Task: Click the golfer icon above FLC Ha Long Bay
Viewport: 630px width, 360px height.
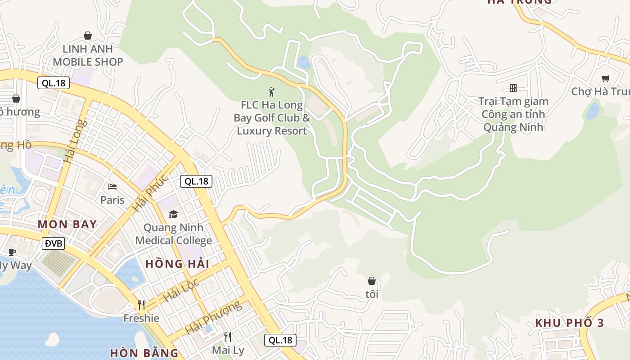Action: (271, 92)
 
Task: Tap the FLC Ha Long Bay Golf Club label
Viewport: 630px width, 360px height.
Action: (272, 118)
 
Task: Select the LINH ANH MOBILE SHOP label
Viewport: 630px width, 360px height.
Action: (88, 55)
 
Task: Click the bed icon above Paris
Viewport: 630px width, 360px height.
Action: (112, 186)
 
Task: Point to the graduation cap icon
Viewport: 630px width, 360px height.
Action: (174, 214)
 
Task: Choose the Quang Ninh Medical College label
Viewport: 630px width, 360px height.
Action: (174, 234)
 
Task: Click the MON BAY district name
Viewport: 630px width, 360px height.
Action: (67, 224)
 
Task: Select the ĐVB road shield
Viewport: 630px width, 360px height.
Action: (54, 243)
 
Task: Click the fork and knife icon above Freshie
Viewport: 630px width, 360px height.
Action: (141, 305)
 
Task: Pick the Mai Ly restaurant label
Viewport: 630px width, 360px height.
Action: (228, 350)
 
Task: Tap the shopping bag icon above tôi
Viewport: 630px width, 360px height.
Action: (372, 281)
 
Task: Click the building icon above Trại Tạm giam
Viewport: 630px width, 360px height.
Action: (513, 88)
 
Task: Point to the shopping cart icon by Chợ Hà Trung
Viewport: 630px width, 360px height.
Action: (605, 79)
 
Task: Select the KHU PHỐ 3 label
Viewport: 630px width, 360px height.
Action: (569, 323)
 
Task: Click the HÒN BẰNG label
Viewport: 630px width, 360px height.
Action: (144, 352)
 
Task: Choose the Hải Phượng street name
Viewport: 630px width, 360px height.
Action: (212, 317)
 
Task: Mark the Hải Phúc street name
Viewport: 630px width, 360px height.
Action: (150, 193)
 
